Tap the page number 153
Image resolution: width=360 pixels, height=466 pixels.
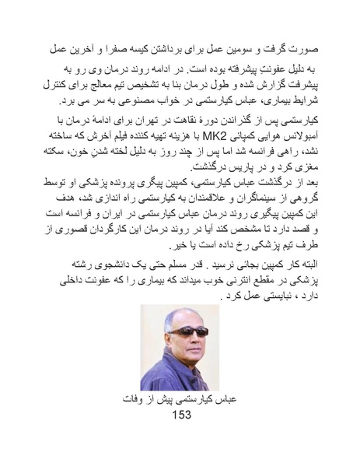tap(180, 415)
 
